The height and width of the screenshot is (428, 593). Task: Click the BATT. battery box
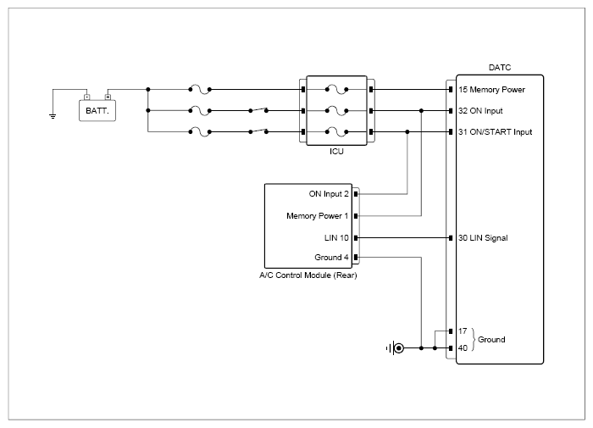tap(97, 110)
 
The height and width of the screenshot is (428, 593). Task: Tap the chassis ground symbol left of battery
tap(53, 116)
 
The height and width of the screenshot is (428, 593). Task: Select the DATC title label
tap(500, 68)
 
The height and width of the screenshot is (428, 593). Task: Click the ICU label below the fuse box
tap(336, 152)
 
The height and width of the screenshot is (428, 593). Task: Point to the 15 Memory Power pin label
tap(491, 90)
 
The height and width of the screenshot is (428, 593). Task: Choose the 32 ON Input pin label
tap(480, 111)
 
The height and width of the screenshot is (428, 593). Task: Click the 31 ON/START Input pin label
tap(495, 132)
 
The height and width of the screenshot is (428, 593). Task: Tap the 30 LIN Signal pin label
tap(483, 238)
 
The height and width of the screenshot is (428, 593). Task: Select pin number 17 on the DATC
tap(463, 331)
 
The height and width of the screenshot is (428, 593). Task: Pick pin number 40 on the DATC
tap(463, 347)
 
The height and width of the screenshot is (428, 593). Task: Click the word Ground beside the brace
tap(491, 340)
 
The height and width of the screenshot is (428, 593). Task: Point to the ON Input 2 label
tap(329, 194)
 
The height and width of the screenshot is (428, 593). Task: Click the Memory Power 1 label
tap(318, 216)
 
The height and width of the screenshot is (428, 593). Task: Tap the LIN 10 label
tap(336, 237)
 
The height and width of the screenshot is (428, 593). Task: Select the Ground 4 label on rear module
tap(331, 258)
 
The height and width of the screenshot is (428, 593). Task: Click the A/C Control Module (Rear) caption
tap(308, 275)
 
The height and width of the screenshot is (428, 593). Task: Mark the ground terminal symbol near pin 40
tap(396, 347)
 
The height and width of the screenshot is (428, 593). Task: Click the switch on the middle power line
tap(258, 110)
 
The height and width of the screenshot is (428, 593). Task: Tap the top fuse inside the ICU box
tap(336, 90)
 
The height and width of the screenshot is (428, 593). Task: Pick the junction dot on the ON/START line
tap(407, 132)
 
